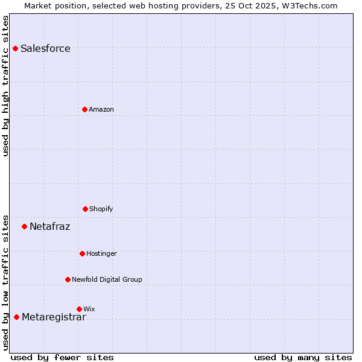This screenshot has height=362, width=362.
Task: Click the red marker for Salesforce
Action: [15, 48]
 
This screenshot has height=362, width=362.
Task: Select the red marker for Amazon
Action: [85, 109]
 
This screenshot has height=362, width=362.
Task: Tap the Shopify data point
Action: [85, 209]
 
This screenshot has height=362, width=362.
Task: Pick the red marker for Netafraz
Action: [24, 227]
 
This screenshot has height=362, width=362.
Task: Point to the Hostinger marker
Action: [82, 253]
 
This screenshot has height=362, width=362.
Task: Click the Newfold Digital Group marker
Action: [68, 279]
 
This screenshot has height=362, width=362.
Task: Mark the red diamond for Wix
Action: [79, 309]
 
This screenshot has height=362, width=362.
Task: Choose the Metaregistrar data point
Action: [16, 317]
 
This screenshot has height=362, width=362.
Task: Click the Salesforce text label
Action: [45, 49]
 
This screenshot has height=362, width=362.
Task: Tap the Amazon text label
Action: [101, 110]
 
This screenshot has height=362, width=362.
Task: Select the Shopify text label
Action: [101, 209]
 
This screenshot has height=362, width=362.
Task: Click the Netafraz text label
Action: [50, 227]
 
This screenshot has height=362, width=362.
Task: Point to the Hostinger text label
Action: [101, 254]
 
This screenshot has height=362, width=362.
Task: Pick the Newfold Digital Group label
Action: [107, 280]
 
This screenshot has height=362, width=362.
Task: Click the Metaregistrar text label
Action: [54, 317]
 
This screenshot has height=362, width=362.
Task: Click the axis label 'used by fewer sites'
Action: [62, 357]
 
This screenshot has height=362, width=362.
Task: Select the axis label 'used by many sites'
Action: [303, 357]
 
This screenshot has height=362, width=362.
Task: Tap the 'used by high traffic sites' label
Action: [6, 86]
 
